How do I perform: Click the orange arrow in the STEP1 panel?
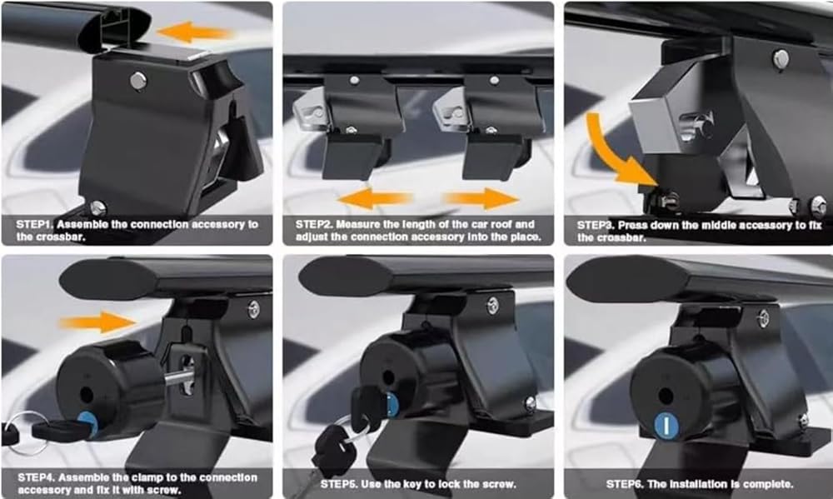coord(195,32)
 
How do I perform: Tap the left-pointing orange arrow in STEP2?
coord(375,199)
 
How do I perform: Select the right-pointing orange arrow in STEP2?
coord(481,199)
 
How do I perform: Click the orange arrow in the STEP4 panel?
coord(98,322)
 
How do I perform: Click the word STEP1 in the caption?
coord(35,225)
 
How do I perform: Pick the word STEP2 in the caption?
coord(314,225)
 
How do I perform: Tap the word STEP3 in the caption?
coord(596,225)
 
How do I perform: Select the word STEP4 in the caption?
coord(36,477)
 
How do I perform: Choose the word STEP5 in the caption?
coord(339,484)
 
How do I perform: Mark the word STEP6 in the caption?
coord(625,484)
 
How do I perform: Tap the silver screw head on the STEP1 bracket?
coord(138,81)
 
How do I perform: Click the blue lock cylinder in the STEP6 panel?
coord(666,426)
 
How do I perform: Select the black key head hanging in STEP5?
coord(333,446)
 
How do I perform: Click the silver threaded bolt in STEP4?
coord(177,378)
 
